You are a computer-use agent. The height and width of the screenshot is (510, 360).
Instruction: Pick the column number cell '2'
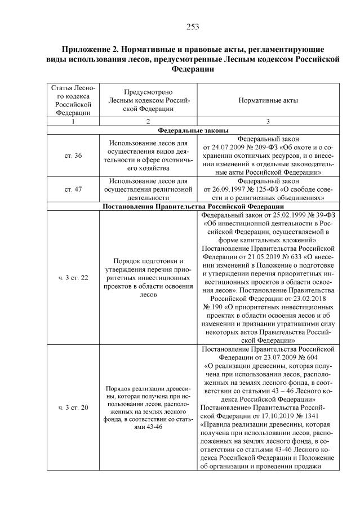(x=148, y=121)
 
